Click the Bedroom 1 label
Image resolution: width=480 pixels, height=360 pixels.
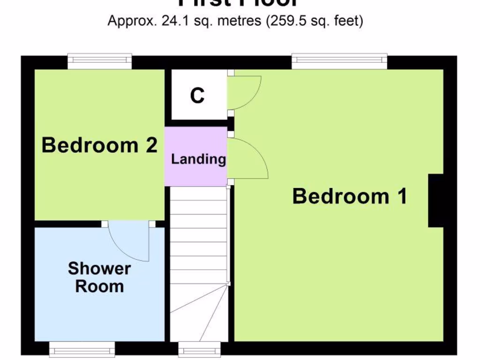pyautogui.click(x=349, y=196)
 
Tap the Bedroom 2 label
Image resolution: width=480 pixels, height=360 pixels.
pyautogui.click(x=99, y=145)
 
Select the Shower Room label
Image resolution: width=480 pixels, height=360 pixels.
pyautogui.click(x=99, y=277)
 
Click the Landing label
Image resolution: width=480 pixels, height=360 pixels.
pyautogui.click(x=198, y=159)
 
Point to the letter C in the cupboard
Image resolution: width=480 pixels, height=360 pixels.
pyautogui.click(x=197, y=96)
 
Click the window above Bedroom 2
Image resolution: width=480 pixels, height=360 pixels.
pyautogui.click(x=99, y=61)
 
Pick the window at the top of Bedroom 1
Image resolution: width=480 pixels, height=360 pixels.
pyautogui.click(x=340, y=61)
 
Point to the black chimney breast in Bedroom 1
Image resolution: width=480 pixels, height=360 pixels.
pyautogui.click(x=435, y=201)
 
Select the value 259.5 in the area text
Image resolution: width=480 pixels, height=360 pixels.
pyautogui.click(x=284, y=21)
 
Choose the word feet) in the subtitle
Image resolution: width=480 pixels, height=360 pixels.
pyautogui.click(x=349, y=21)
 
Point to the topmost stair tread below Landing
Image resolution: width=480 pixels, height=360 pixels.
pyautogui.click(x=198, y=194)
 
